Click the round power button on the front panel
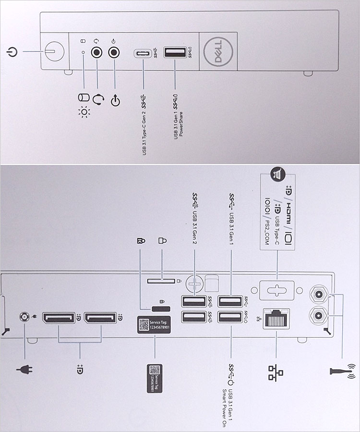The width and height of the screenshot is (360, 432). [54, 49]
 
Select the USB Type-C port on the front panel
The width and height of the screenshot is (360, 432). [144, 53]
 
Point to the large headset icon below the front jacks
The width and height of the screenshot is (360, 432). [98, 99]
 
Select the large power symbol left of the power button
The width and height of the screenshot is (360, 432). [13, 50]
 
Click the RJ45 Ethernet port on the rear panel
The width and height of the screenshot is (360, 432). [276, 317]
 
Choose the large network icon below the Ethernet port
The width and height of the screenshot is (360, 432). [276, 370]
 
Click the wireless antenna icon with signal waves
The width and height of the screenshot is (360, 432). [342, 370]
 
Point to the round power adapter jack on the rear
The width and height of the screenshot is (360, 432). [24, 317]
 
